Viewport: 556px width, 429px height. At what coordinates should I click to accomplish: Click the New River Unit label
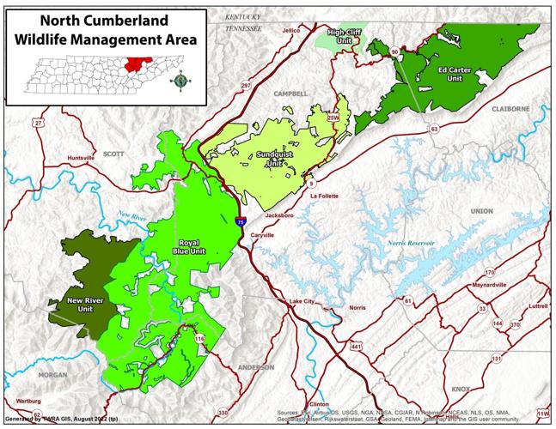(x=86, y=305)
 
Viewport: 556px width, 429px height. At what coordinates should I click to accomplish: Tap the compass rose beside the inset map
(x=182, y=82)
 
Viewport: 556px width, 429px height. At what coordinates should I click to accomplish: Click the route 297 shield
(x=245, y=86)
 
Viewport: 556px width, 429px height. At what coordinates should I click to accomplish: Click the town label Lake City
(x=302, y=302)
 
